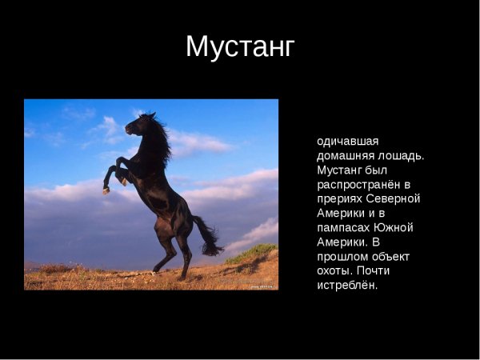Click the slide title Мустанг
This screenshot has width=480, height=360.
click(240, 46)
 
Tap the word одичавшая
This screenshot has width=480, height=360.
click(348, 141)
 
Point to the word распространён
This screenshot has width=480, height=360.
click(362, 184)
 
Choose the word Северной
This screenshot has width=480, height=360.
click(394, 198)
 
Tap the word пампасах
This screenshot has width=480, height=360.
click(346, 227)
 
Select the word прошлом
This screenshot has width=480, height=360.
click(345, 256)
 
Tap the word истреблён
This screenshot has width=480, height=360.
click(346, 285)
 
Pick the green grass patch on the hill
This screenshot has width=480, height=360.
click(252, 254)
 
